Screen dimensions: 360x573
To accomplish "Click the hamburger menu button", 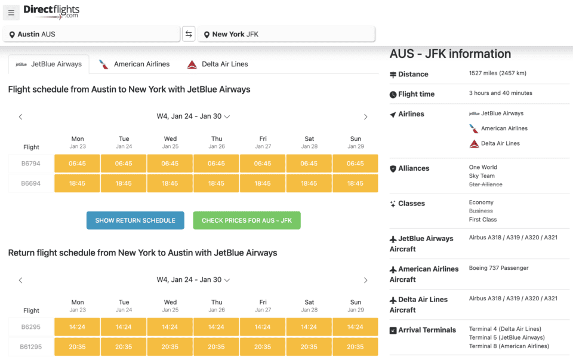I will coord(11,13).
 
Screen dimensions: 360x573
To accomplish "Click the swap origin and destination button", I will coord(189,34).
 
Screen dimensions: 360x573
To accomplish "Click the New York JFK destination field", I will coord(286,34).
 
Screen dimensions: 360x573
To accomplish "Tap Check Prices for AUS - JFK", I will coord(247,220).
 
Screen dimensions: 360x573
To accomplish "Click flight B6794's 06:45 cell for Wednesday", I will coord(170,164).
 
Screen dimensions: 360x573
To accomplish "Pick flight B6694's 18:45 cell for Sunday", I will coord(355,183).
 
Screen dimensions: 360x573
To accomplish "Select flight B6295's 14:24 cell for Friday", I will coord(263,327).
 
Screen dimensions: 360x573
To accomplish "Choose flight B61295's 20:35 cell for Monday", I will coord(78,347).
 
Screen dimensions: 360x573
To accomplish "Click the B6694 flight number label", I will coord(31,183).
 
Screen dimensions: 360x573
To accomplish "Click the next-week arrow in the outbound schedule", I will coord(366,117).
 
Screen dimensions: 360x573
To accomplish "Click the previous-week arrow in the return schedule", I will coord(20,280).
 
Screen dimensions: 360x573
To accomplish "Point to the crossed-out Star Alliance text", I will coord(485,184).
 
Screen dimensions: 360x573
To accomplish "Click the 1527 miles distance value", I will coord(497,73).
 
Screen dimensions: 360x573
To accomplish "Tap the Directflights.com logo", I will coord(51,11).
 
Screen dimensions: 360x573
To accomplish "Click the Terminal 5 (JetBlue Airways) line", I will coord(507,338).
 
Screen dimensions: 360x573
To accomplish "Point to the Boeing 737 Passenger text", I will coord(498,268).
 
